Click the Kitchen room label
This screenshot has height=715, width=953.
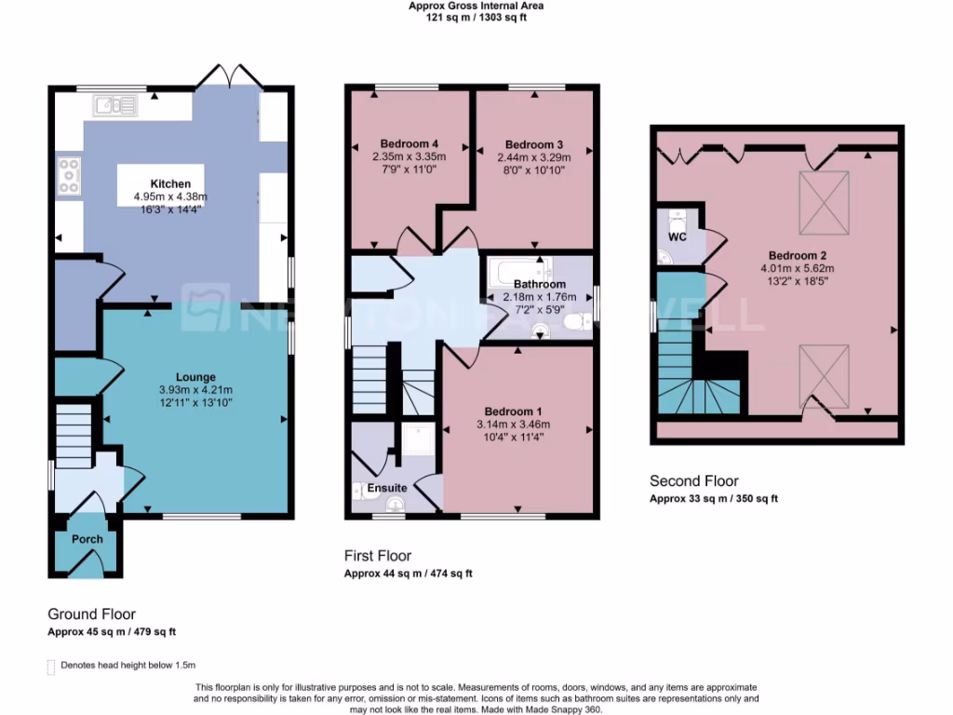169,184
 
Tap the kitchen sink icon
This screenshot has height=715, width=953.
114,105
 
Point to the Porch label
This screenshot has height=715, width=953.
87,540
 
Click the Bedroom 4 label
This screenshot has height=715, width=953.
409,144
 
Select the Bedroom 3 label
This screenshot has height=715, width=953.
534,145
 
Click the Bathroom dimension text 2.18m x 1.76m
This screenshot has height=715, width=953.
540,297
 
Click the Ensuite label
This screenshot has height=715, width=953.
386,488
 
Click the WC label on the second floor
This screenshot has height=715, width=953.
678,236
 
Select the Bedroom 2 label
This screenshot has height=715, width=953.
798,256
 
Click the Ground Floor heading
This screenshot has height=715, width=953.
91,614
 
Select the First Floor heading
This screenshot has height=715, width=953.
378,556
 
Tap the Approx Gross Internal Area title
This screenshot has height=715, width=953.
476,6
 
